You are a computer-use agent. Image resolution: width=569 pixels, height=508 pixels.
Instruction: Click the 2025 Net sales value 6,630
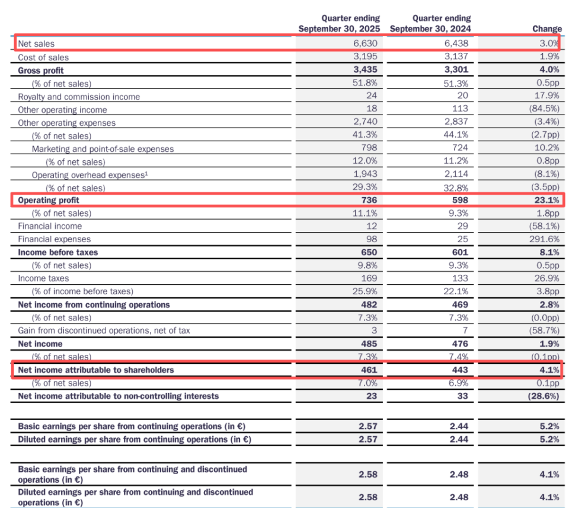click(366, 43)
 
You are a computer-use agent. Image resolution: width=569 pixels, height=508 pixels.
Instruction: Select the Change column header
click(546, 28)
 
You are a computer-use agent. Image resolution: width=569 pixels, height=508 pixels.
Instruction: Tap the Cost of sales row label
click(43, 58)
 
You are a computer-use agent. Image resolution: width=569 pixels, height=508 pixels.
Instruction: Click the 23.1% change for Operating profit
click(546, 200)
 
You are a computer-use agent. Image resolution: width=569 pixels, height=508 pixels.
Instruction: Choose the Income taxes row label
click(43, 278)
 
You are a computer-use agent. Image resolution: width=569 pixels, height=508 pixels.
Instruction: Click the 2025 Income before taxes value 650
click(369, 252)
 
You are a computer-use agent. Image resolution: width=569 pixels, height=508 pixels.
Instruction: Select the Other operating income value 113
click(459, 109)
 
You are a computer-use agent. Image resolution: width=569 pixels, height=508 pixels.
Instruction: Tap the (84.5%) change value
click(544, 109)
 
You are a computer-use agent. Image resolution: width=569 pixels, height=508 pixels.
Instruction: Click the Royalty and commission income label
click(79, 97)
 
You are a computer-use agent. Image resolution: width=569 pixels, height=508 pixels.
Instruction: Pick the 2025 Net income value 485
click(369, 344)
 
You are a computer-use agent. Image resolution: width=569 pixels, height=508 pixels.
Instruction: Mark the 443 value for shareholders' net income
click(459, 370)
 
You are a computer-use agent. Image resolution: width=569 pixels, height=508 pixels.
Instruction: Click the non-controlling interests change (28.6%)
click(543, 396)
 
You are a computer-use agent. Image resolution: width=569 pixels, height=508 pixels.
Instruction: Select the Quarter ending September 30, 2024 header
click(430, 24)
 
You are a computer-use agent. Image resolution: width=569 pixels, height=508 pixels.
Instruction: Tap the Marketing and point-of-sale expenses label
click(103, 149)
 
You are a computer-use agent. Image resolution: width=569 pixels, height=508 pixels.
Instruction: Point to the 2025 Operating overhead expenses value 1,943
click(366, 175)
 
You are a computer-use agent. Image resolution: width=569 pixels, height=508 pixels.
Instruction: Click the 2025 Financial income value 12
click(372, 226)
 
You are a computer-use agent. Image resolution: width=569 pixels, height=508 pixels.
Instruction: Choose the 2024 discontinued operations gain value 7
click(465, 331)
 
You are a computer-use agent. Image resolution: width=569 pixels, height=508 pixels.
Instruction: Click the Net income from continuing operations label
click(94, 304)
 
